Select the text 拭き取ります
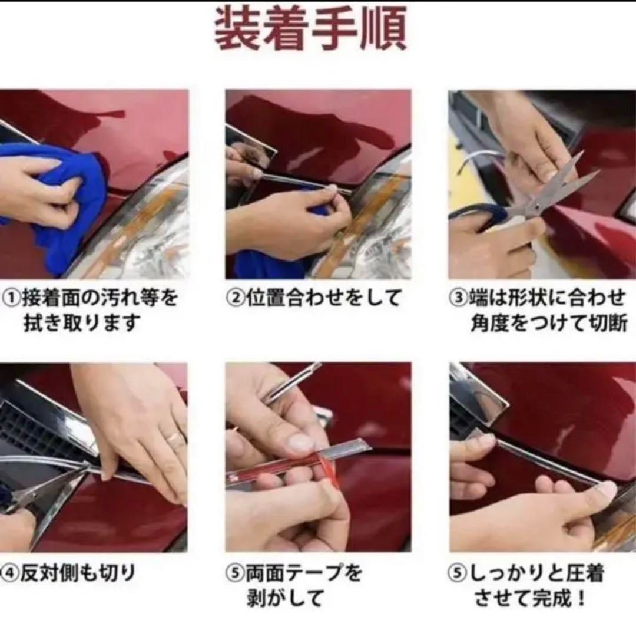82,324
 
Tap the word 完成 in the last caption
551,597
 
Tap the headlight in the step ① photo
147,236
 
